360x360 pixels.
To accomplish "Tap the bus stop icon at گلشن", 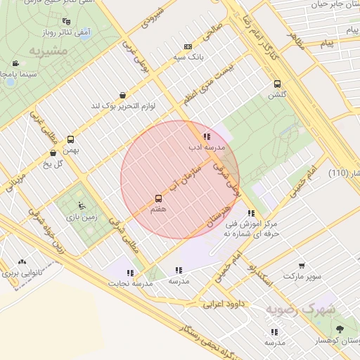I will (x=277, y=82).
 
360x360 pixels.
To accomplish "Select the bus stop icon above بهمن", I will (x=70, y=139).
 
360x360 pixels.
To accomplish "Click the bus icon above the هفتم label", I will (x=157, y=199).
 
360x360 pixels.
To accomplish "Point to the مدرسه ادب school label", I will (x=205, y=148).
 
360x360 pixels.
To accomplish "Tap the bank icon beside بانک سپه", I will (x=187, y=46).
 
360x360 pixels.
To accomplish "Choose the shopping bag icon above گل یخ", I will (x=53, y=153).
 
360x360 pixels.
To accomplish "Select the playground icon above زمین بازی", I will (x=82, y=206).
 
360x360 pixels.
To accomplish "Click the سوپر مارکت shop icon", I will (x=302, y=266).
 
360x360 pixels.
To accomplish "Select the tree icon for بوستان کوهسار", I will (x=340, y=329).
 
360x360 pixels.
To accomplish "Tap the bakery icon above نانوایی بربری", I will (x=22, y=262).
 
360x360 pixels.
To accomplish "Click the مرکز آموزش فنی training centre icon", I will (x=252, y=213).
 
